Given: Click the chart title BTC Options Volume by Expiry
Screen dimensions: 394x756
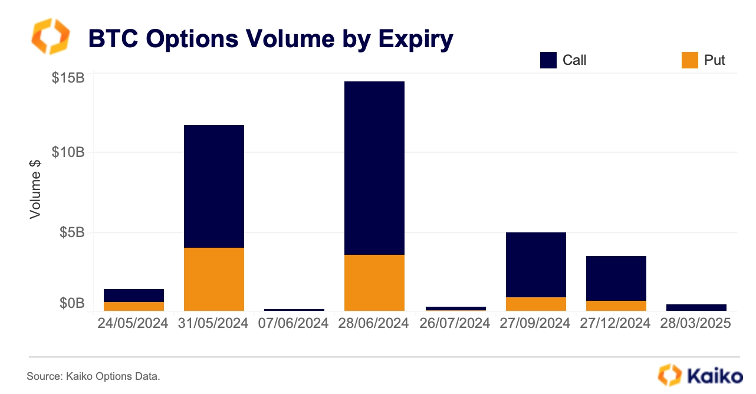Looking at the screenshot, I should point(271,39).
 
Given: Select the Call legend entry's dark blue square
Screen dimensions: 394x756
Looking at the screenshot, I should point(548,60).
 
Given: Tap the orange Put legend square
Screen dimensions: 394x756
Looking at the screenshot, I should point(690,60).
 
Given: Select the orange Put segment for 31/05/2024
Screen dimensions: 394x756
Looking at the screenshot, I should point(214,279).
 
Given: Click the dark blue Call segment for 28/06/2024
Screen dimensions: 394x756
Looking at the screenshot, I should point(374,168).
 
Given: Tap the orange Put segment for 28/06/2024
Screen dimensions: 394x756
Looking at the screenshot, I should point(374,283).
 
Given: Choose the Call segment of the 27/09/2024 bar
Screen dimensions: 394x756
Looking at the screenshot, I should point(536,265).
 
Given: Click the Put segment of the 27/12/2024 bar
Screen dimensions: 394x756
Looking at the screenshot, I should point(616,306).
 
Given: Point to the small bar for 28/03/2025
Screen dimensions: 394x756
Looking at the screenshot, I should point(696,307).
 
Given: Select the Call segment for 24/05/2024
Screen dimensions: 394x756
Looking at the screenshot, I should point(134,295).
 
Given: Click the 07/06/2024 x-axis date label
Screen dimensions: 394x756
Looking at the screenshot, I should point(294,324).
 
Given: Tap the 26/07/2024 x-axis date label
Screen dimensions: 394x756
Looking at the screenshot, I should point(454,324).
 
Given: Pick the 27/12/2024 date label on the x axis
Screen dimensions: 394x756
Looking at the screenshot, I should point(616,324).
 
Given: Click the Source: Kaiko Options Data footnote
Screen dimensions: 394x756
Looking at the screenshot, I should point(93,376).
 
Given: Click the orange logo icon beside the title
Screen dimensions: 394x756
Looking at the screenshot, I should point(50,37).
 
